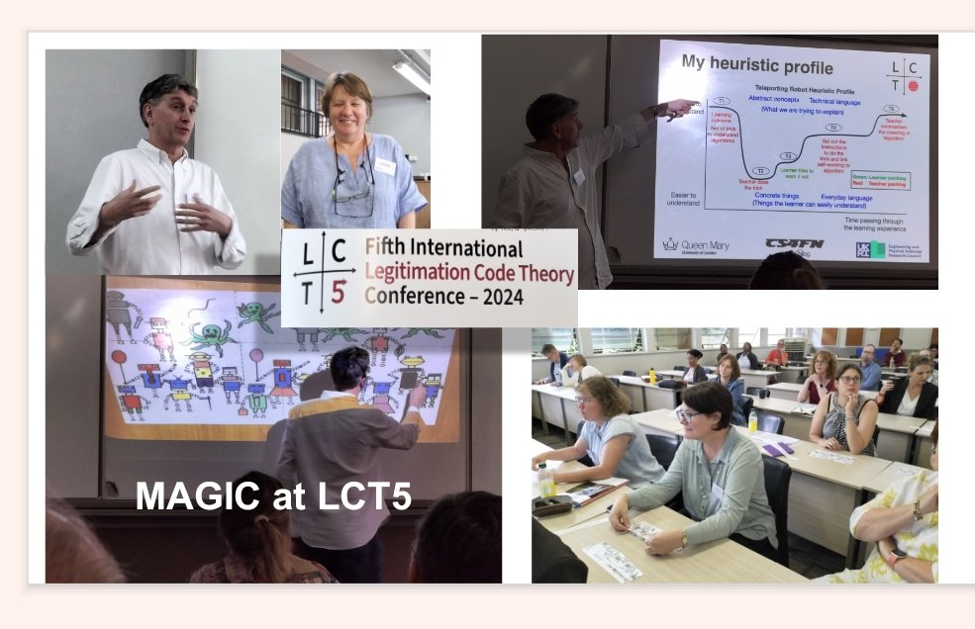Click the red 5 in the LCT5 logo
[x=339, y=294]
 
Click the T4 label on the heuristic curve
[x=832, y=128]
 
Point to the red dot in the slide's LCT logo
[x=914, y=86]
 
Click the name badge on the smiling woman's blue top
[x=385, y=167]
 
